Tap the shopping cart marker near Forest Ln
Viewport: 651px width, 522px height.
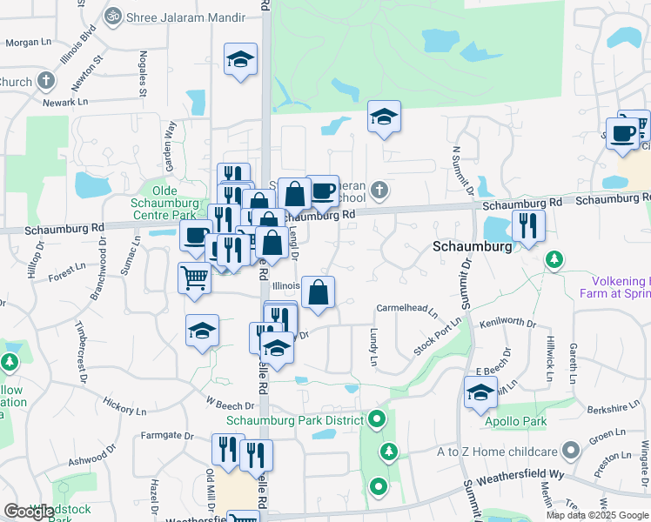point(195,278)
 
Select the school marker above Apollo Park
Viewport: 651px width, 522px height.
point(480,391)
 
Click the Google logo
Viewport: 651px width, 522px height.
point(29,512)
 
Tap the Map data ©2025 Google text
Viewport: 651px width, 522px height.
point(597,515)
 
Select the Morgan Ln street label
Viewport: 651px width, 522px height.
point(30,42)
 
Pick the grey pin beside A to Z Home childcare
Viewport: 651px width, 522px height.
point(571,450)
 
